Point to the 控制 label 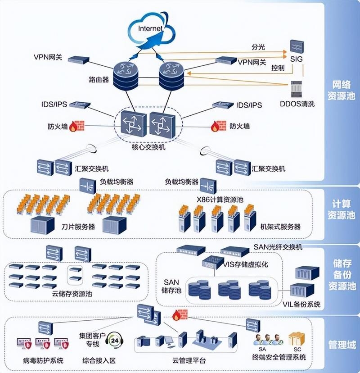click(x=278, y=68)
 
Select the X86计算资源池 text click(x=220, y=199)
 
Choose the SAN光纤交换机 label click(x=278, y=247)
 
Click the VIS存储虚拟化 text click(x=246, y=264)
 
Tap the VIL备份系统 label click(x=301, y=305)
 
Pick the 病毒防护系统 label click(x=43, y=360)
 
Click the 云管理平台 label click(x=189, y=360)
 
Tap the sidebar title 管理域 click(x=342, y=346)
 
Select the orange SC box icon click(x=297, y=339)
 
